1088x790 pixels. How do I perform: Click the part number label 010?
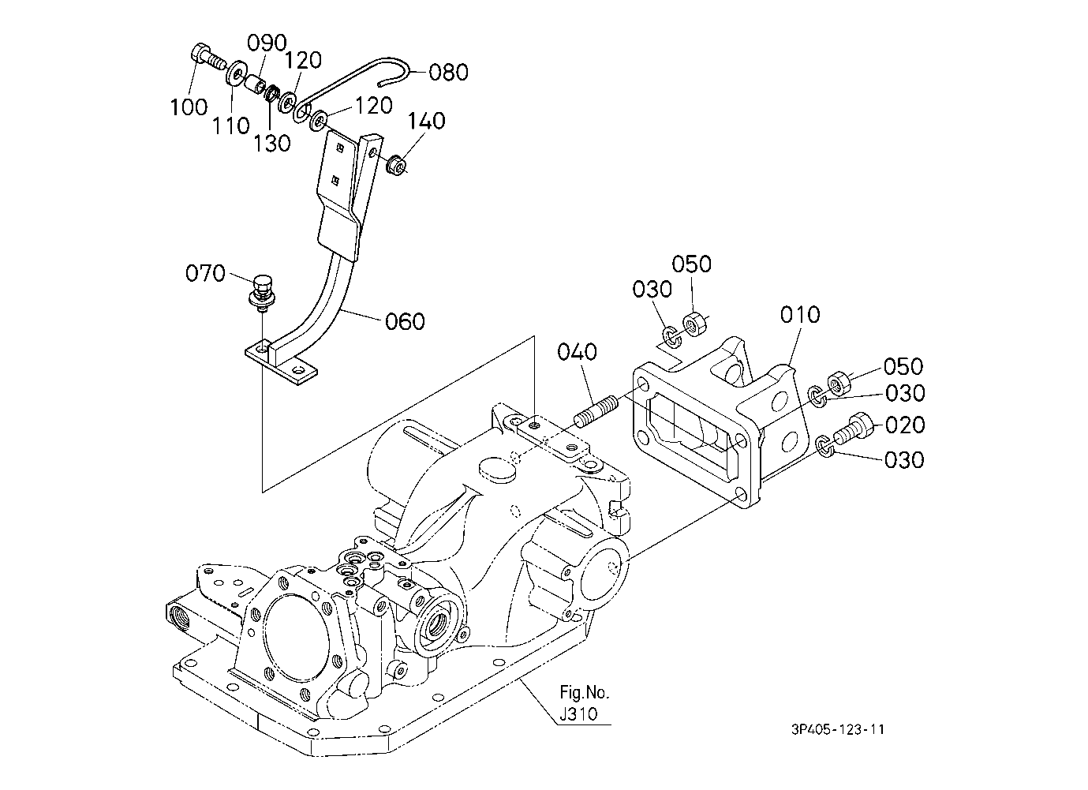coord(800,315)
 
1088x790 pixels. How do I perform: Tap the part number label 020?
coord(905,425)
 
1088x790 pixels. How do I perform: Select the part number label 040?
coord(577,352)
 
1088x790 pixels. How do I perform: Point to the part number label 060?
coord(405,321)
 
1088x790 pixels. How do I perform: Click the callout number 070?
coord(205,273)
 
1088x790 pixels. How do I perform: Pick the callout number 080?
coord(448,72)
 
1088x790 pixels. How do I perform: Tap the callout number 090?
coord(267,43)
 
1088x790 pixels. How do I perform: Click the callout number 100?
coord(189,107)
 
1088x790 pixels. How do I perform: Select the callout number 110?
coord(230,125)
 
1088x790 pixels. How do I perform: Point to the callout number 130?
coord(272,143)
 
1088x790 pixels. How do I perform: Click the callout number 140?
coord(426,121)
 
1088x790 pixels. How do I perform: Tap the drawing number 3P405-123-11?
coord(837,729)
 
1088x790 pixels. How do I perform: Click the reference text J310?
coord(578,713)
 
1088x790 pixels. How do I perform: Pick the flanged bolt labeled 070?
coord(262,294)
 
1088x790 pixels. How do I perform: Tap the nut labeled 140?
coord(396,165)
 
